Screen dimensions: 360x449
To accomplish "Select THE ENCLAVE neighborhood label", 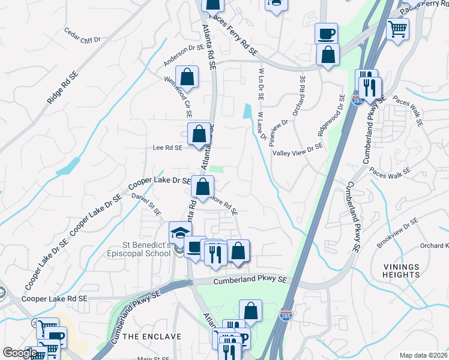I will [152, 337].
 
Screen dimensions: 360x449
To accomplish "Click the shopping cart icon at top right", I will [397, 28].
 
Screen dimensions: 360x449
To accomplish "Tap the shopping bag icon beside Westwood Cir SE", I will [187, 77].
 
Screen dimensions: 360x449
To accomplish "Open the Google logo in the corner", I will [19, 353].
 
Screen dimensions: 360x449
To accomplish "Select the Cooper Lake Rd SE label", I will [55, 298].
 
